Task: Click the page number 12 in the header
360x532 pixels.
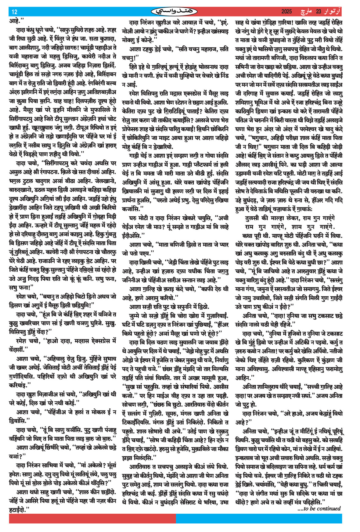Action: (14, 12)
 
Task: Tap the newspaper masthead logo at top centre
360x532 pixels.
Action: (174, 12)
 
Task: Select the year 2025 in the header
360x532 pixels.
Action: (286, 12)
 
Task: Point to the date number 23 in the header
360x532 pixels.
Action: (319, 12)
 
